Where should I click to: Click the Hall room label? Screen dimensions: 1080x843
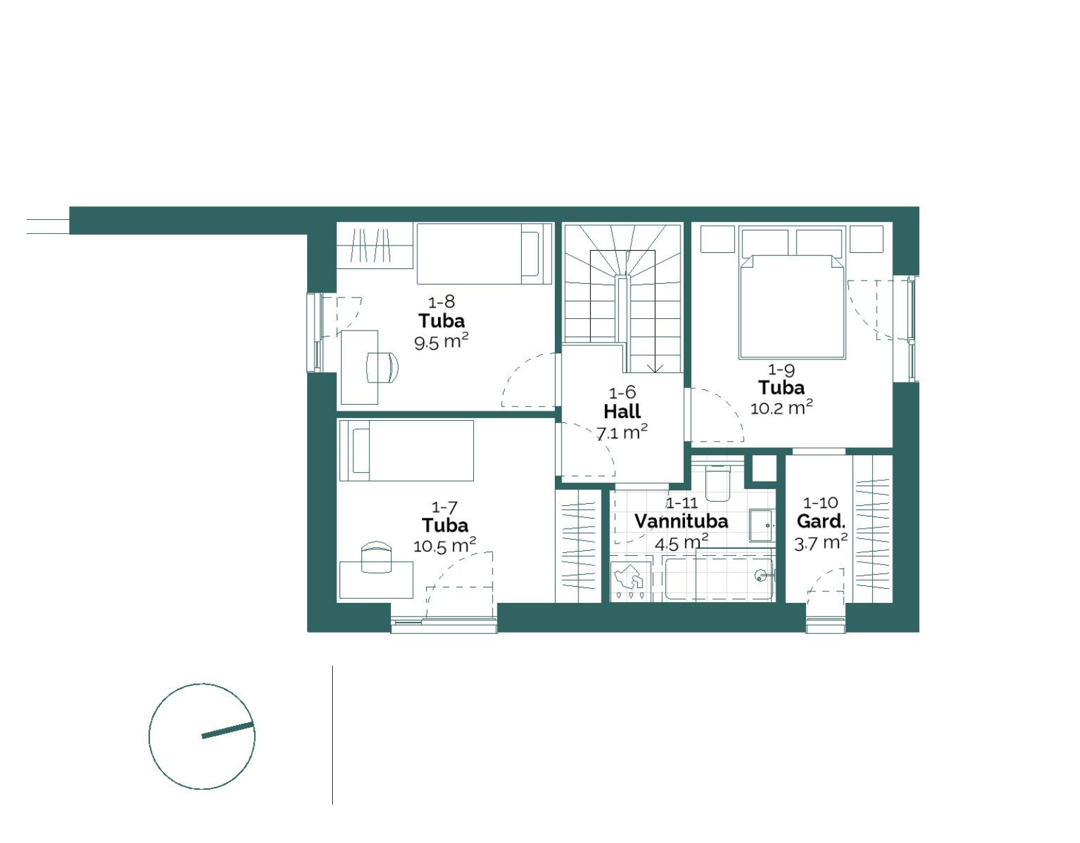click(x=622, y=411)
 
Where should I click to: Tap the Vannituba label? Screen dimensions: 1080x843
click(x=681, y=521)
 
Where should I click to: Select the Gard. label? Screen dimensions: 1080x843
click(x=821, y=522)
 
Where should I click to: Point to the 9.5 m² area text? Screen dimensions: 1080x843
click(x=441, y=342)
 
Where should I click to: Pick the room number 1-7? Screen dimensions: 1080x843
click(x=444, y=507)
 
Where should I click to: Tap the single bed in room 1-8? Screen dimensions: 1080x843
click(x=484, y=254)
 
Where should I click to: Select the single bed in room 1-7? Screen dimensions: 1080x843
click(x=406, y=450)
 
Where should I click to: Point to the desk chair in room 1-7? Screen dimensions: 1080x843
click(x=376, y=556)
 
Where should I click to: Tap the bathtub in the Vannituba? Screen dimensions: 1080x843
click(x=719, y=579)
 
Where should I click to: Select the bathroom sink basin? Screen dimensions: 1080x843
click(x=761, y=525)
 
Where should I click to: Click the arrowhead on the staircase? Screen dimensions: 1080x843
click(x=655, y=369)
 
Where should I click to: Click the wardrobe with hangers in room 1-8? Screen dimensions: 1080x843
click(x=375, y=245)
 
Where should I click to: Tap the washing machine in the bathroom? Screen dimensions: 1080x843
click(x=630, y=581)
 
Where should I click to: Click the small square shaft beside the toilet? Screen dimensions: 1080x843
click(x=764, y=467)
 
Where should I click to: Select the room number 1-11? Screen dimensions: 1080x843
click(x=682, y=503)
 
